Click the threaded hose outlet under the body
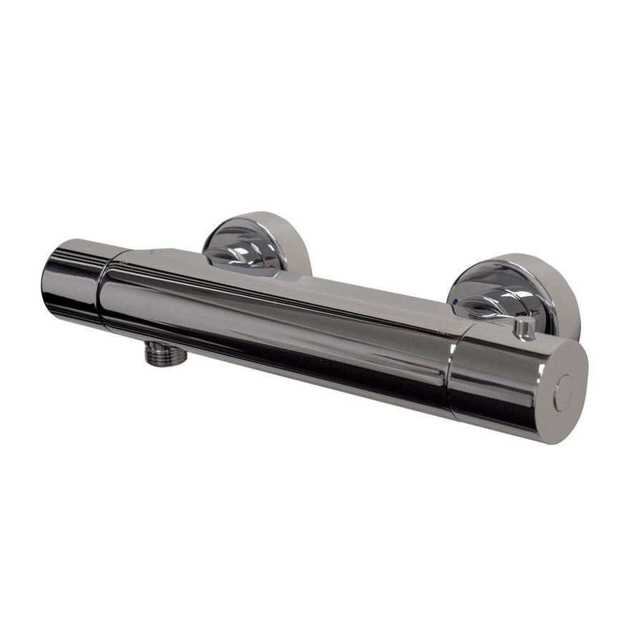coord(166,353)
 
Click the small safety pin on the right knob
coord(525,328)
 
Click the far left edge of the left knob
coord(44,275)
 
